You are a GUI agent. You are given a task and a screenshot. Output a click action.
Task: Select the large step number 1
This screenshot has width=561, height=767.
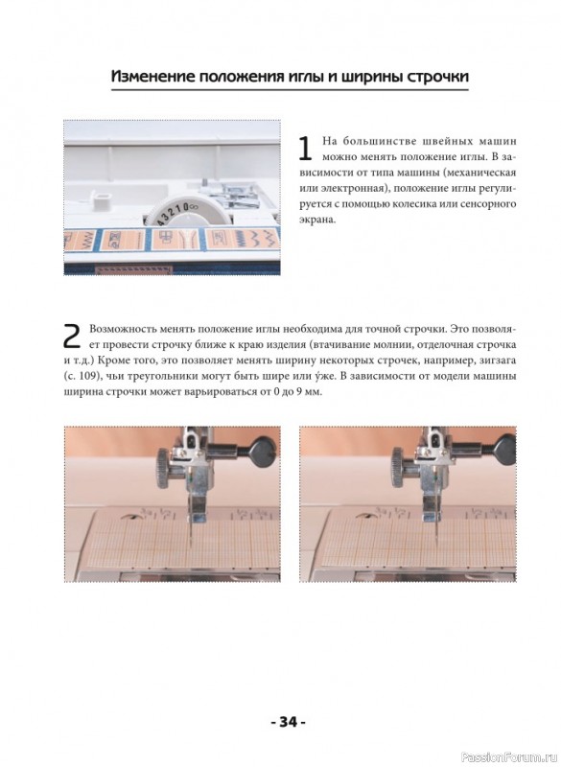[x=305, y=149]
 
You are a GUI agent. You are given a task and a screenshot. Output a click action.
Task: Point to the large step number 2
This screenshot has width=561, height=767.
[x=72, y=336]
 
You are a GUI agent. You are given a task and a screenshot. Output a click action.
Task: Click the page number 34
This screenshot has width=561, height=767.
[x=288, y=722]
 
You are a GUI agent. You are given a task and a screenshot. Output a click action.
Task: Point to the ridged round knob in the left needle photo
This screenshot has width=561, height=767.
[x=165, y=466]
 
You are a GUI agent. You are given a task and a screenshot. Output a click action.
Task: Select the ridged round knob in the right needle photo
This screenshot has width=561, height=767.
[x=400, y=466]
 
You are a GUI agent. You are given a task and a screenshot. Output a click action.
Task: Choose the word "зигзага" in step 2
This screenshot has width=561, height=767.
[x=497, y=360]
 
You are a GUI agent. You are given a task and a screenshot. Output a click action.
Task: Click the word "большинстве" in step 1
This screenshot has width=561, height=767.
[x=378, y=142]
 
